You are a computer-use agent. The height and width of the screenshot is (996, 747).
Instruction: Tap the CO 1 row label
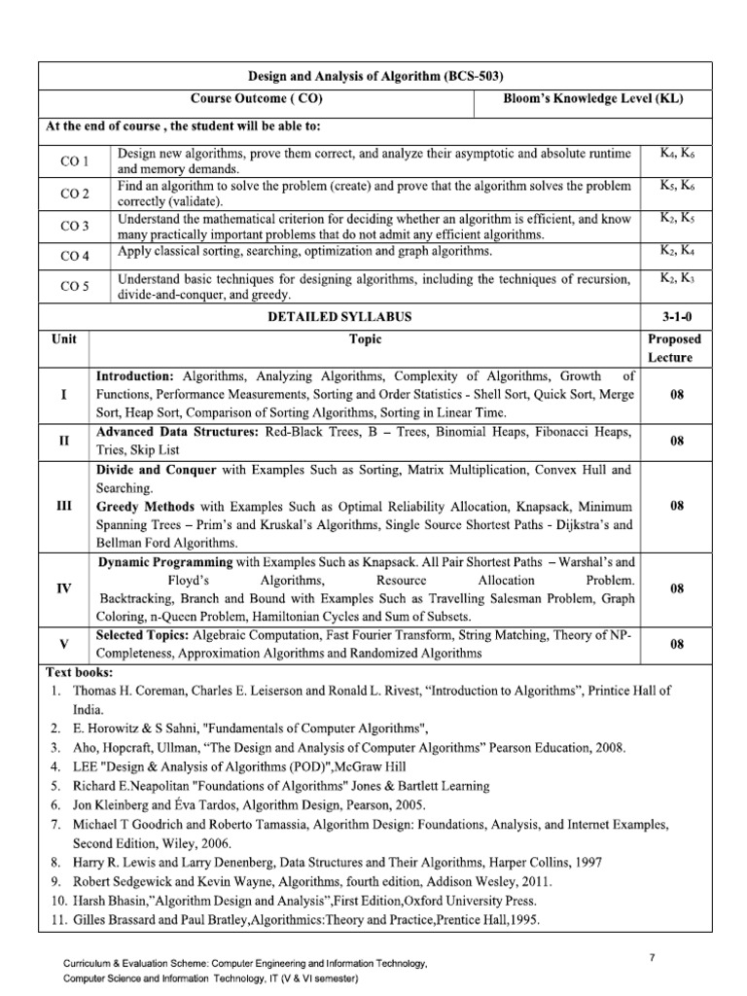[x=74, y=160]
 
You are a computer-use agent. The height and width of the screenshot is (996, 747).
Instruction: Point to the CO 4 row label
[x=74, y=256]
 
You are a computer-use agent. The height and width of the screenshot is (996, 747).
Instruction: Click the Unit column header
[x=63, y=339]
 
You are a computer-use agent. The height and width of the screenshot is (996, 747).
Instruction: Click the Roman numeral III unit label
[x=64, y=507]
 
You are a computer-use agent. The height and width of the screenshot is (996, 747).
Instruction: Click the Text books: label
[x=80, y=673]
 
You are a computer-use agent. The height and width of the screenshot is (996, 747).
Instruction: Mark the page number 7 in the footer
[x=652, y=958]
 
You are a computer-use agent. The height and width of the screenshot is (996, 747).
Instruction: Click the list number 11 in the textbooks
[x=55, y=918]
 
